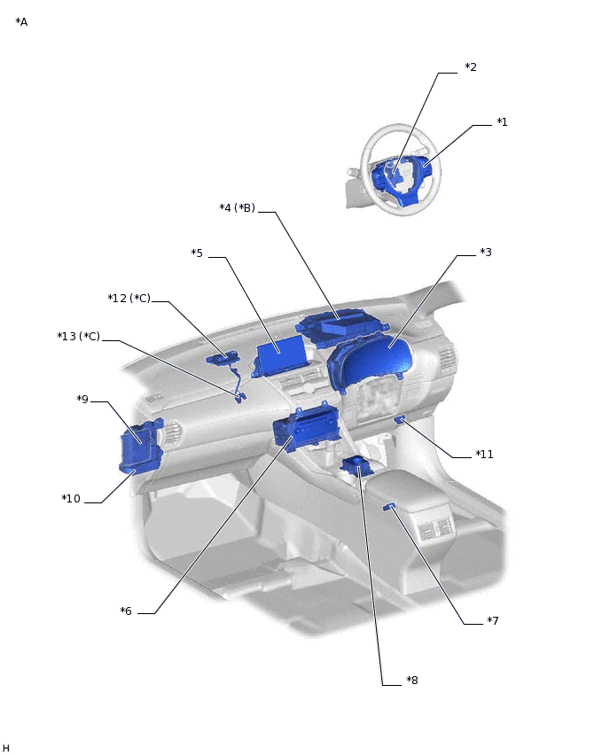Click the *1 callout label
[x=502, y=122]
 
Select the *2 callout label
[x=471, y=67]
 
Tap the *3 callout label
[x=486, y=253]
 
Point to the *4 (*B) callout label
[x=237, y=208]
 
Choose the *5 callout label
[x=197, y=253]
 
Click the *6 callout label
[x=126, y=611]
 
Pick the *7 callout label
[x=492, y=620]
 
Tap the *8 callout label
[x=412, y=681]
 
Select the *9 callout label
[x=82, y=400]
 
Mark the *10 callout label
[x=71, y=499]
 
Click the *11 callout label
[x=484, y=455]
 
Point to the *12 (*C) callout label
[x=129, y=299]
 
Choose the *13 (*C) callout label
[x=79, y=336]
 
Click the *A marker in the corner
[x=21, y=22]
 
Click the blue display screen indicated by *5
[x=279, y=355]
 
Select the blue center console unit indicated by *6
[x=307, y=428]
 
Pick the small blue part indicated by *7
[x=389, y=506]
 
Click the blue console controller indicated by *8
[x=356, y=466]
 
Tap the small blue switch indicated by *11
[x=400, y=420]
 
